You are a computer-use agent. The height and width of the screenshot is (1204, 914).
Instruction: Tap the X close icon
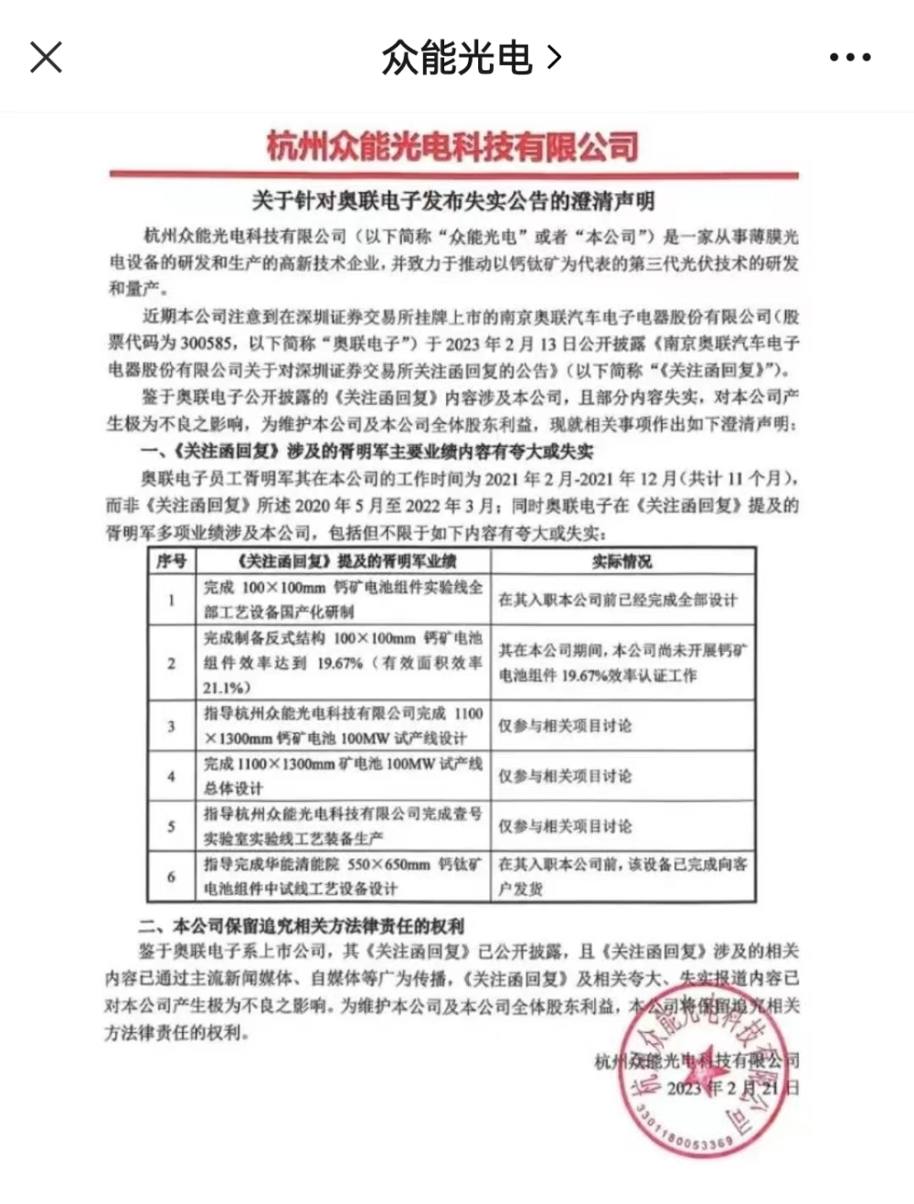tap(46, 58)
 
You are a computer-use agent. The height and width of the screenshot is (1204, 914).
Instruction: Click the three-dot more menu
tap(850, 58)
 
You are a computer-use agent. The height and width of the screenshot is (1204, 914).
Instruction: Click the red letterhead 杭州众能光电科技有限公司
tap(452, 146)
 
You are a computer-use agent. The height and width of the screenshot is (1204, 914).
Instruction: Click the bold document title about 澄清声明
tap(453, 200)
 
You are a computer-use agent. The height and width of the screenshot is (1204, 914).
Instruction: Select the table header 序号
tap(171, 560)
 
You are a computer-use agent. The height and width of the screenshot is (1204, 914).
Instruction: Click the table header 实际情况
tap(622, 560)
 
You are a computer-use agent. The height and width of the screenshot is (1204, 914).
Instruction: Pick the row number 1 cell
tap(171, 600)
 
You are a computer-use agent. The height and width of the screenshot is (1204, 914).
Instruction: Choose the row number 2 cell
tap(171, 663)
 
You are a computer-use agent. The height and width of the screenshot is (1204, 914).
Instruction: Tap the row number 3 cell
tap(171, 726)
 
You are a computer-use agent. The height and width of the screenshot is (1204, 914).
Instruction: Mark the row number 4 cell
tap(171, 776)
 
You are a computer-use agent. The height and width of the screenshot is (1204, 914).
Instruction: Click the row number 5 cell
tap(171, 826)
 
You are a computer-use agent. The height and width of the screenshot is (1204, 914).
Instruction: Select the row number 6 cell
tap(171, 877)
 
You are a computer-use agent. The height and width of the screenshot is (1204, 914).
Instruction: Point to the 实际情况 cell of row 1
tap(617, 600)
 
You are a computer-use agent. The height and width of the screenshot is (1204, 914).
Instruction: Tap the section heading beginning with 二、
tap(302, 925)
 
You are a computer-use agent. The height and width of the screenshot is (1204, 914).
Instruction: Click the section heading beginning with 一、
tap(366, 451)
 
